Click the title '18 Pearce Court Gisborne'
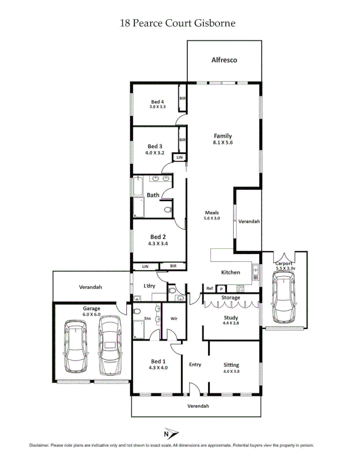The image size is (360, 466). (177, 23)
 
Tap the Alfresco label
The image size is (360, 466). (224, 60)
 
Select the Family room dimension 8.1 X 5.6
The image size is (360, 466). (223, 143)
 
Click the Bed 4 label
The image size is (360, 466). (157, 101)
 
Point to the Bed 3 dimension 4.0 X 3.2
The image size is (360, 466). (154, 153)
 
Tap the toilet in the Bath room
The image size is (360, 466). (168, 210)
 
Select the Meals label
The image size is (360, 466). (212, 213)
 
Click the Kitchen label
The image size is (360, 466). (231, 272)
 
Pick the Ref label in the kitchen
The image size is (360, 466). (210, 288)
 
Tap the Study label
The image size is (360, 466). (231, 317)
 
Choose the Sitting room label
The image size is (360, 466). (231, 365)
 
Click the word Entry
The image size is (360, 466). (195, 365)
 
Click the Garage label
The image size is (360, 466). (92, 308)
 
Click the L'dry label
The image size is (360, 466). (149, 286)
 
